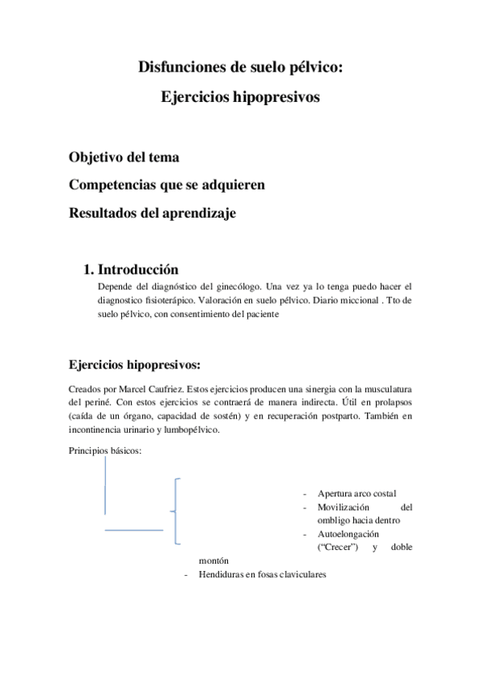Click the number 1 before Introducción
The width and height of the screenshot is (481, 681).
88,269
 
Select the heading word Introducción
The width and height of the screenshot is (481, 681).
137,269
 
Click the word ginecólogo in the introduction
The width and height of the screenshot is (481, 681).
242,286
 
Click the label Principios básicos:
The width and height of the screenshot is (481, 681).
106,450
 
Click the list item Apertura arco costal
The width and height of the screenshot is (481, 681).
357,493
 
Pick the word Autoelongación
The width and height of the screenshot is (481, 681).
349,533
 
